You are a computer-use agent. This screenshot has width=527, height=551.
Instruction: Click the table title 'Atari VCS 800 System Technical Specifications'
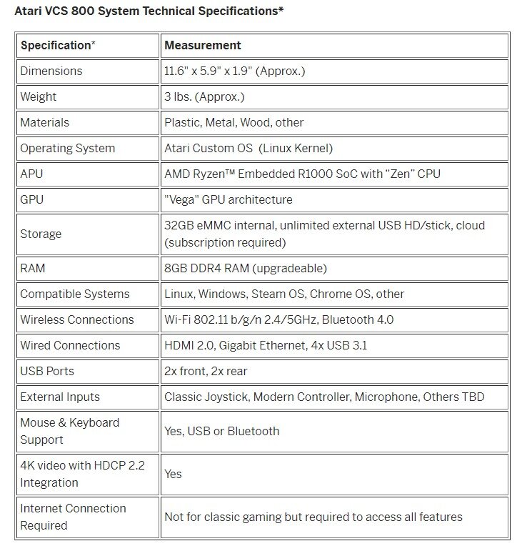point(149,12)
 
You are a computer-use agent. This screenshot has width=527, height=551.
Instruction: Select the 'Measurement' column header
point(203,45)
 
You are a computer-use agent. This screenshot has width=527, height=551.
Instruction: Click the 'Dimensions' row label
point(51,71)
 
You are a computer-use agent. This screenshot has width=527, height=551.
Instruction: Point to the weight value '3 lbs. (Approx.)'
point(204,96)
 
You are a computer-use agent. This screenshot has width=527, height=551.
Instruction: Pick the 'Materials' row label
point(45,122)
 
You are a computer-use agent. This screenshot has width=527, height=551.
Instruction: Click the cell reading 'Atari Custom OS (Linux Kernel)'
point(249,148)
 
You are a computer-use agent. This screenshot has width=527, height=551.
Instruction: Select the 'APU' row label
point(32,174)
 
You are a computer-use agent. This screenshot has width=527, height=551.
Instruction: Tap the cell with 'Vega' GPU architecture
point(229,199)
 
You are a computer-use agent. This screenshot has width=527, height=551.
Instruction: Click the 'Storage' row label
point(41,234)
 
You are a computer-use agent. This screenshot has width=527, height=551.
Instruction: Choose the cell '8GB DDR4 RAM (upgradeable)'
point(246,268)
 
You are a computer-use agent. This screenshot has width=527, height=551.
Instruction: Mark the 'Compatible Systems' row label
point(75,294)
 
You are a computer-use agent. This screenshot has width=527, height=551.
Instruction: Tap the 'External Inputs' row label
point(60,397)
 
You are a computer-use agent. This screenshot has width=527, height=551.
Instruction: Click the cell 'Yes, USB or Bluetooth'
point(222,431)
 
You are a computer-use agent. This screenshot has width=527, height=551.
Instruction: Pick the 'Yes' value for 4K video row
point(174,474)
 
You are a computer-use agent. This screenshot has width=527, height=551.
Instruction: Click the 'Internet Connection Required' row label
point(73,517)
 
